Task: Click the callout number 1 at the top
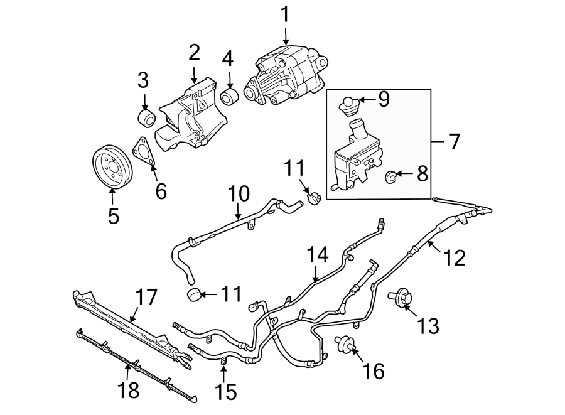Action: [x=286, y=14]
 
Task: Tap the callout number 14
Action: [x=318, y=256]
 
